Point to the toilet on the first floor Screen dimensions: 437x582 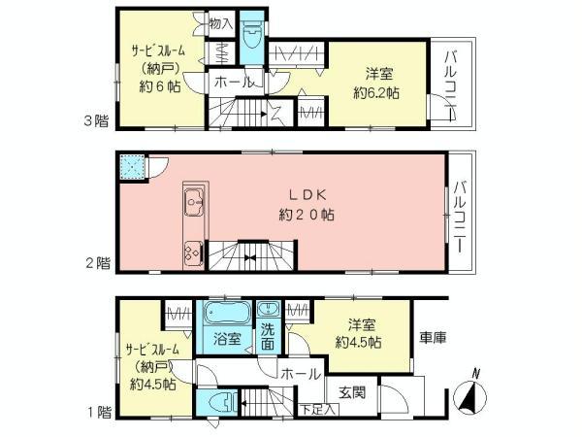click(x=221, y=402)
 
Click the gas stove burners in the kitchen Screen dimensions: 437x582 click(x=188, y=249)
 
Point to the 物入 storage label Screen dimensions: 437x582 click(x=221, y=22)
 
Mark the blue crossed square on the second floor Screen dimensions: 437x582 click(x=131, y=168)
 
